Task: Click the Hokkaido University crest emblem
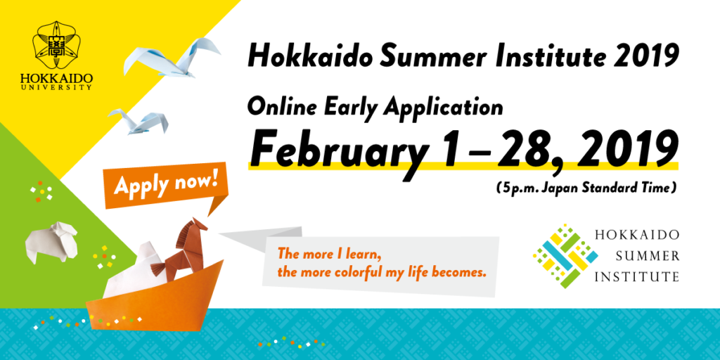point(56,46)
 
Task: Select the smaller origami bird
point(139,121)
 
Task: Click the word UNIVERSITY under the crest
point(56,86)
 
